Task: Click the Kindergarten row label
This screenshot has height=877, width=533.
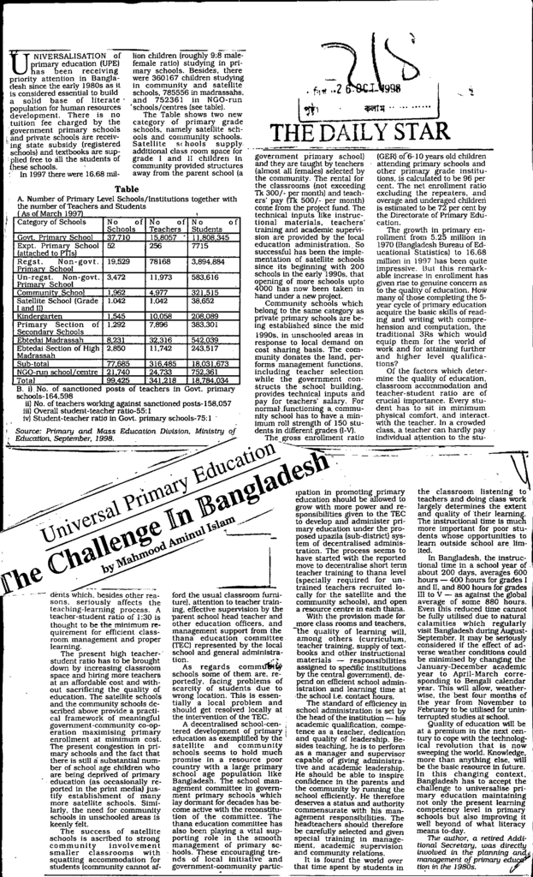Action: pos(39,316)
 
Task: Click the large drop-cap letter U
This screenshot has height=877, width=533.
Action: pos(17,62)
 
